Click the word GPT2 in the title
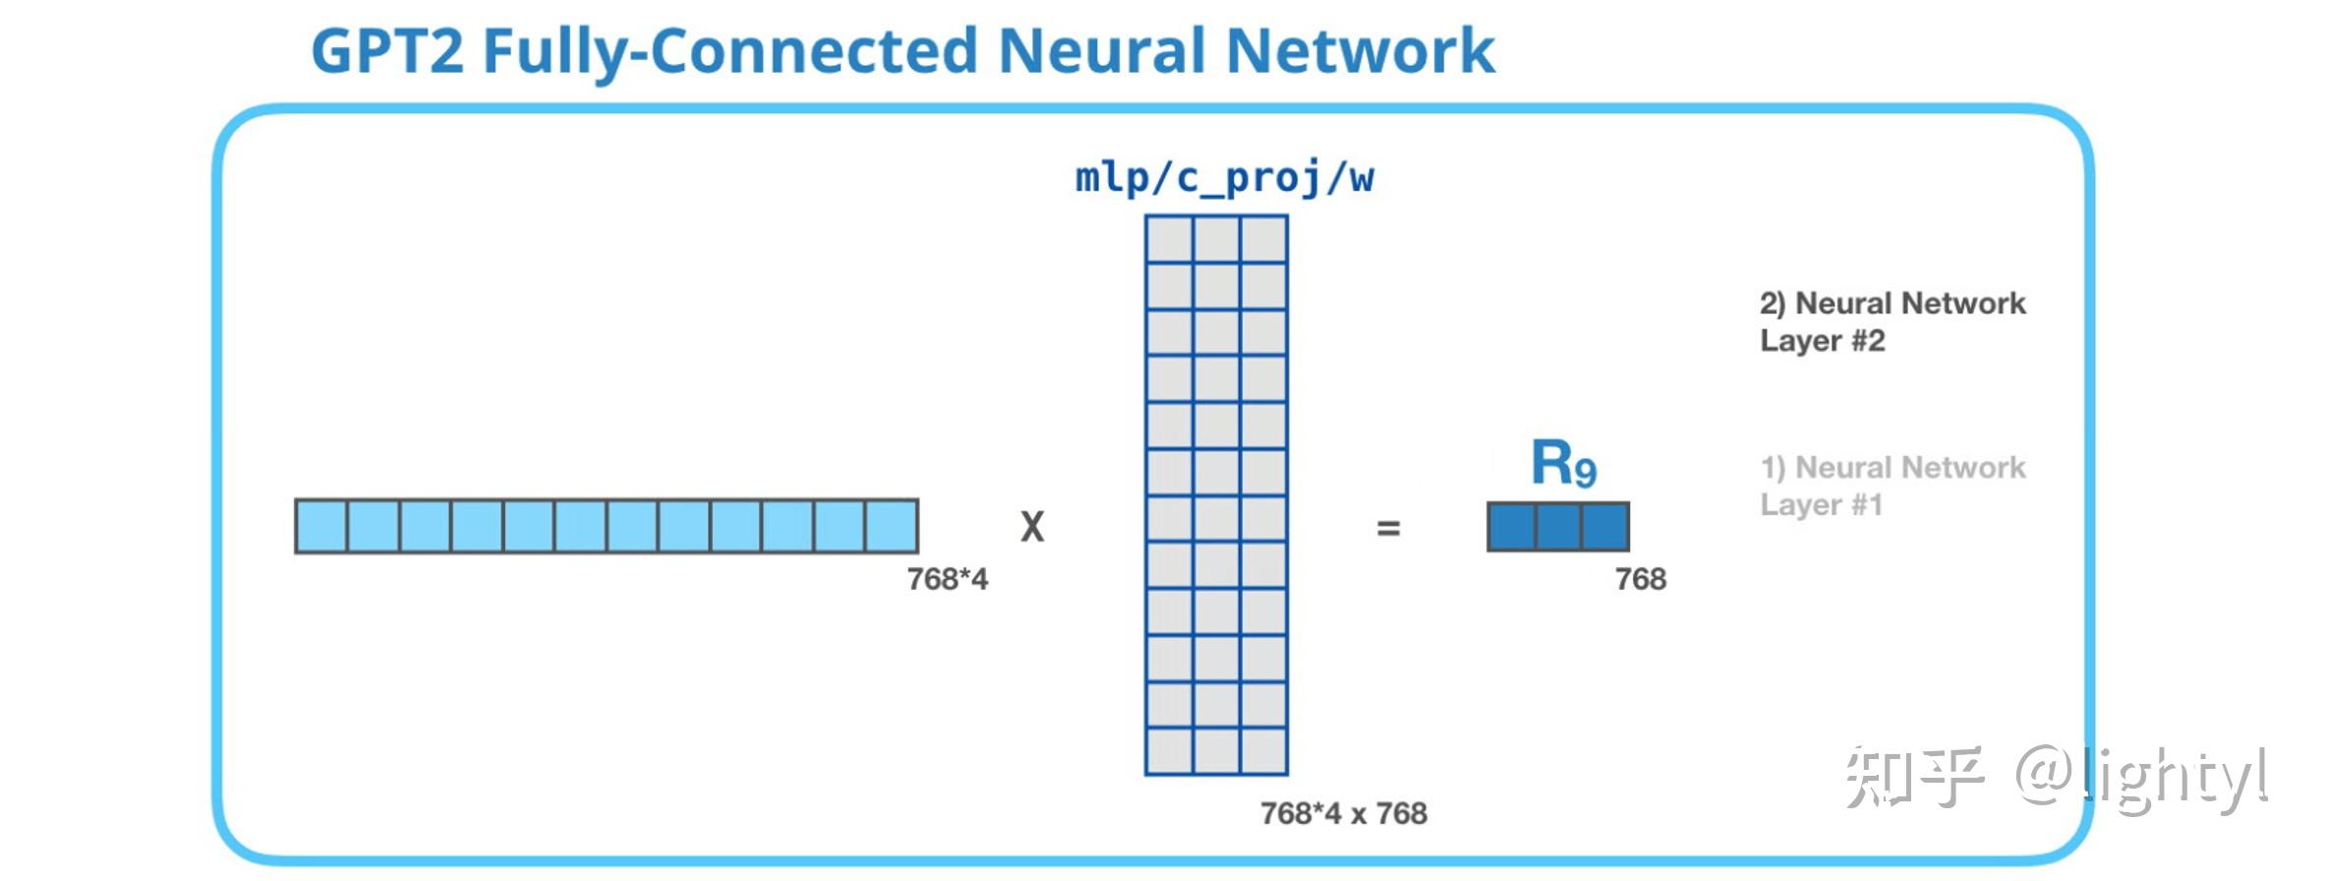[387, 51]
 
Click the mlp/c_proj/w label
[1224, 179]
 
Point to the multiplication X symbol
[1032, 527]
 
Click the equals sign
[1388, 529]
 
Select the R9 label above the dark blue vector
[1564, 463]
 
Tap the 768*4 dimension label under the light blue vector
[948, 579]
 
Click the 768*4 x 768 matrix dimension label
[1344, 813]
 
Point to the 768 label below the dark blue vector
[1641, 579]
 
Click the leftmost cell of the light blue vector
[321, 526]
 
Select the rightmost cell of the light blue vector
[892, 526]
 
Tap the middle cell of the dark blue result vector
[1558, 527]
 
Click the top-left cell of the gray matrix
[1170, 239]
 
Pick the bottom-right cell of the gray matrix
[1264, 751]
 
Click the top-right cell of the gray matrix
[1264, 239]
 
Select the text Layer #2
[1823, 341]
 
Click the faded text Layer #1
[1822, 504]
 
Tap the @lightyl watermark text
[2142, 779]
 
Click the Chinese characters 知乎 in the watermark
[1913, 777]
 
